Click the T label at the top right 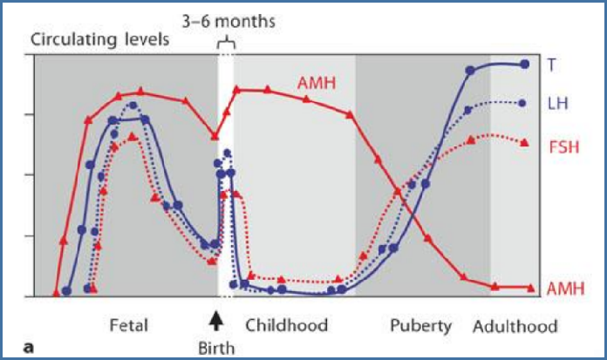coord(551,65)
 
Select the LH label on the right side coord(558,104)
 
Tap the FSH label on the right coord(564,147)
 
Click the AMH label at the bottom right coord(566,289)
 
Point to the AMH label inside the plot coord(317,83)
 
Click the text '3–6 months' coord(228,22)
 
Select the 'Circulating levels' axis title coord(100,39)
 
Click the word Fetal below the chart coord(129,325)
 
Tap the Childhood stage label coord(286,325)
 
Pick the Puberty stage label coord(420,326)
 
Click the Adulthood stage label coord(515,326)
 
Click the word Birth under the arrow coord(216,349)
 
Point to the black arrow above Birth coord(216,322)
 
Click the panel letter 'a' coord(28,348)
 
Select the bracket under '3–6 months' coord(226,44)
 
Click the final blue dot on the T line coord(524,65)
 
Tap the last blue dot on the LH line coord(522,104)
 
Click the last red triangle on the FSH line coord(524,143)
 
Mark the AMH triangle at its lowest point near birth coord(215,137)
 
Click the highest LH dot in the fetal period coord(133,105)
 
